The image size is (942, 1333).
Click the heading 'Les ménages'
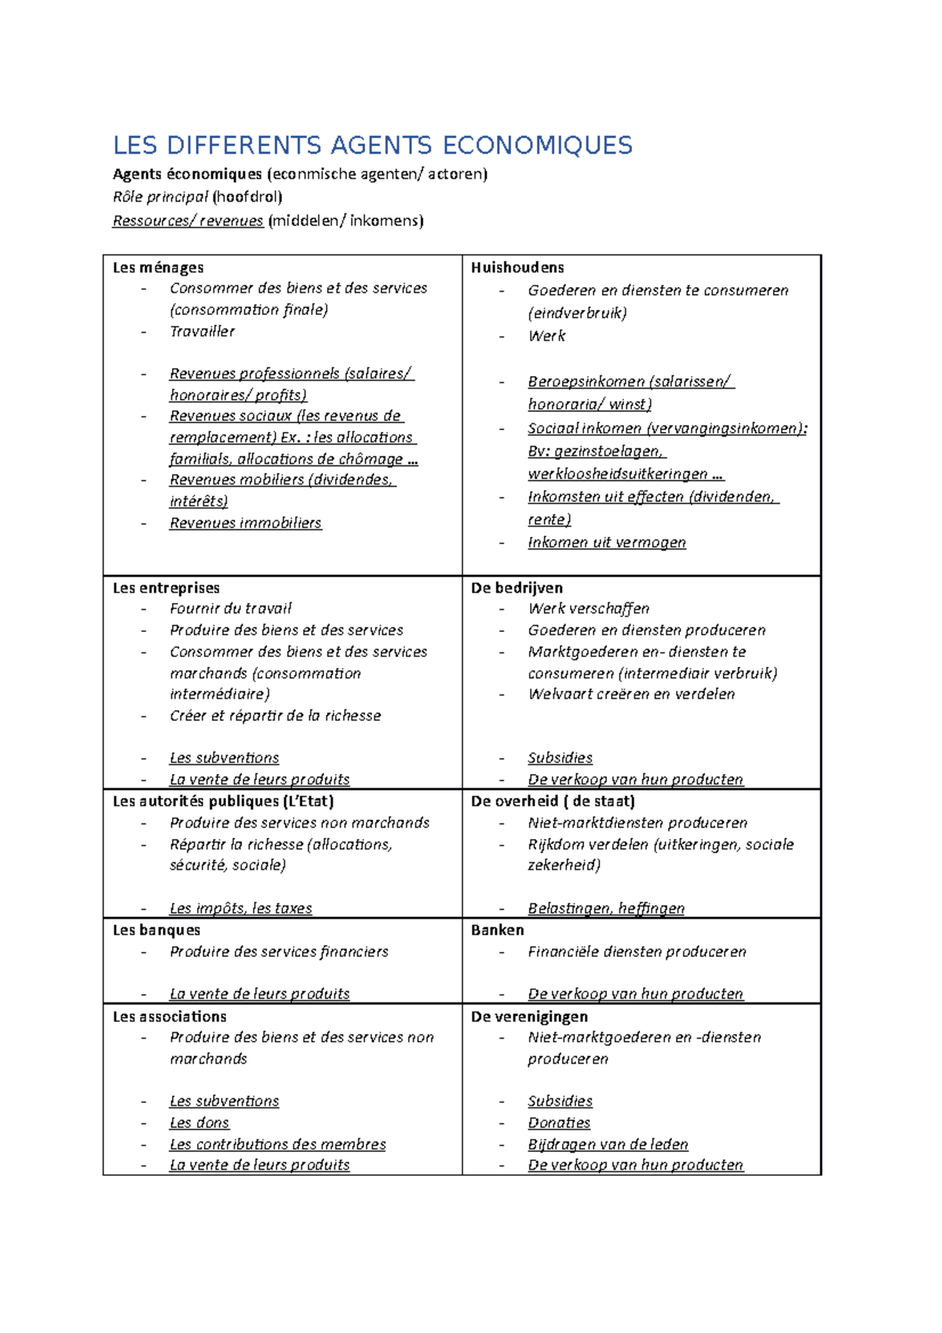point(158,268)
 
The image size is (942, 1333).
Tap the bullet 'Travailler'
point(202,331)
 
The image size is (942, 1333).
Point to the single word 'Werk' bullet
point(546,336)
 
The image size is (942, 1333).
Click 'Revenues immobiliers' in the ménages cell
point(245,523)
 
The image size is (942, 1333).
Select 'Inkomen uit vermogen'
point(606,542)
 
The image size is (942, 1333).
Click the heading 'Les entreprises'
point(166,588)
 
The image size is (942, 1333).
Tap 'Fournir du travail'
point(230,608)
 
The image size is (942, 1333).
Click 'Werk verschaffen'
point(588,608)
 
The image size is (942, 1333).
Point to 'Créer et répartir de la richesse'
point(275,716)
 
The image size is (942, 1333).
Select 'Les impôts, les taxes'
point(240,908)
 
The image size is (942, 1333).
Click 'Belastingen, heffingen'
point(605,908)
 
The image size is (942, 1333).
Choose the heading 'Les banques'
point(156,930)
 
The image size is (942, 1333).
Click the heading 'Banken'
point(497,930)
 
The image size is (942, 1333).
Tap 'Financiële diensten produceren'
point(637,951)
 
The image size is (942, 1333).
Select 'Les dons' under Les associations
point(199,1123)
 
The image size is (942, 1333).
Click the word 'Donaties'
point(558,1123)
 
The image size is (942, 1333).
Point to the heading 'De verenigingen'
point(529,1017)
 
